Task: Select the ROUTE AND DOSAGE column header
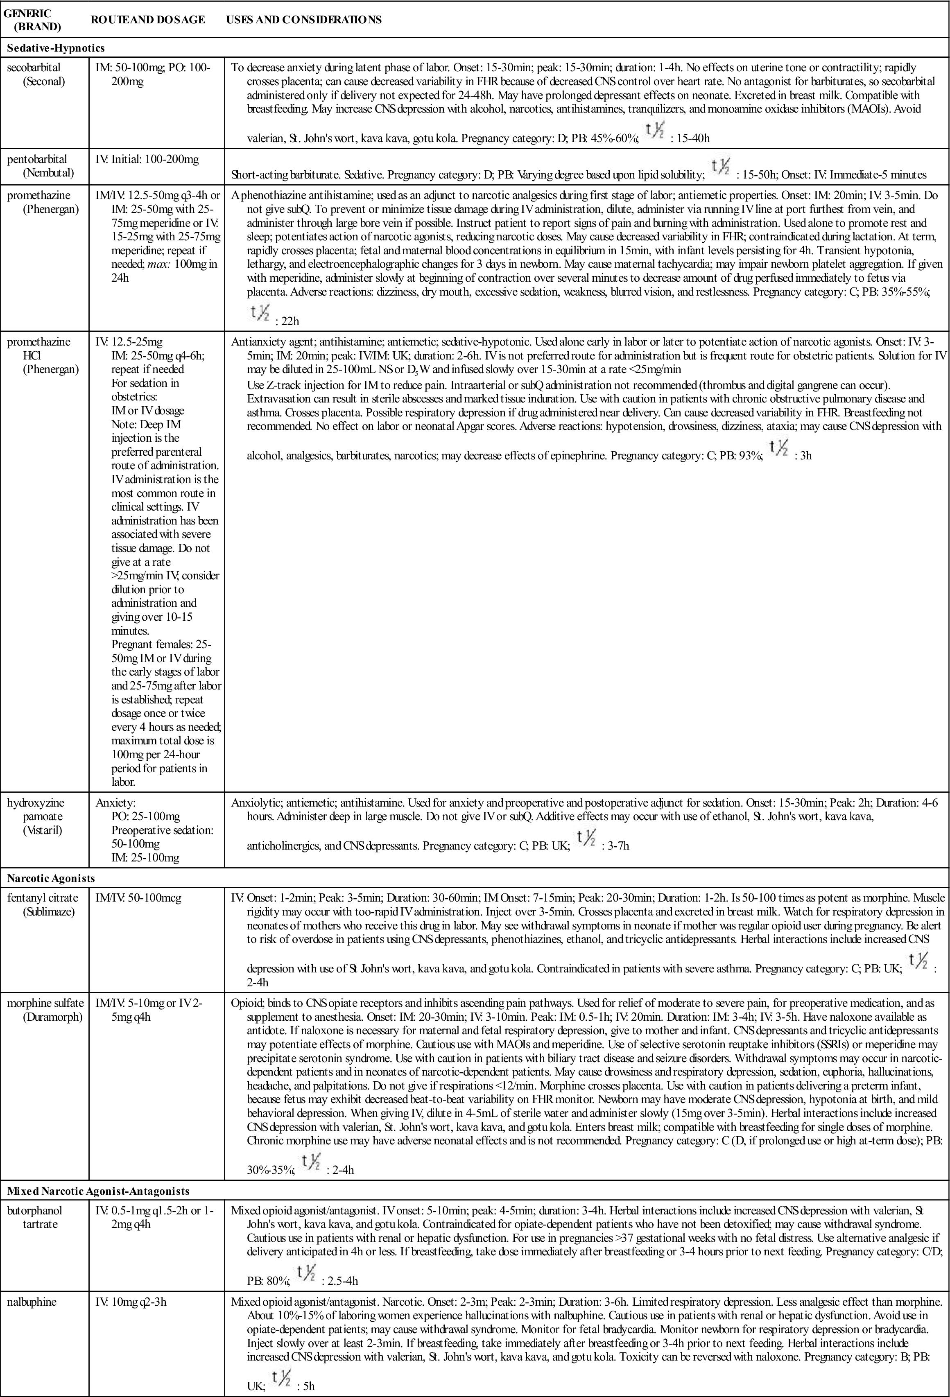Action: click(x=147, y=20)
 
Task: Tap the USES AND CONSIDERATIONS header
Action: click(x=304, y=20)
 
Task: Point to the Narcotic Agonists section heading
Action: click(x=51, y=878)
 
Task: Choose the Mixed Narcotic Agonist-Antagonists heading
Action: click(x=98, y=1191)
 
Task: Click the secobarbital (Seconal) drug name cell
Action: click(x=36, y=75)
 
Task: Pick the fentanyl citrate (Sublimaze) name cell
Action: click(x=42, y=905)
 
